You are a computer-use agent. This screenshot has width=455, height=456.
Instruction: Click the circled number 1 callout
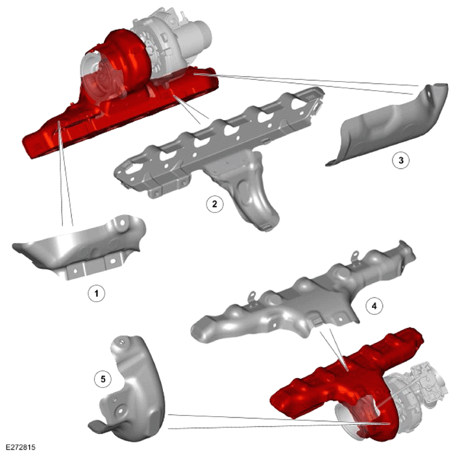pos(97,293)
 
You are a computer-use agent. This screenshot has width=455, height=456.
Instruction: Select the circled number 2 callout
pos(215,204)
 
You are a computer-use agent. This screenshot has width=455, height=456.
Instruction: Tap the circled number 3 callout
pos(401,160)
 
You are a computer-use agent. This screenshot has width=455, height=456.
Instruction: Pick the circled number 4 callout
pos(375,306)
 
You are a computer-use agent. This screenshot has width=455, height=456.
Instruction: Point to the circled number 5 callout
pos(103,379)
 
